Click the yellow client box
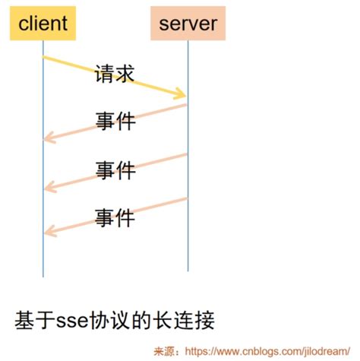tap(43, 24)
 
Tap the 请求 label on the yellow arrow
tap(115, 74)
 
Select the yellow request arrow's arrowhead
tap(182, 95)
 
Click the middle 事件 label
tap(115, 169)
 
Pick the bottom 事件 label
tap(115, 217)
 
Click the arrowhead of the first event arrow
tap(48, 138)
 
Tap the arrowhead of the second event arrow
tap(48, 186)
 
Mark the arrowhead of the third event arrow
tap(48, 233)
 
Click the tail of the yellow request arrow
tap(46, 58)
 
